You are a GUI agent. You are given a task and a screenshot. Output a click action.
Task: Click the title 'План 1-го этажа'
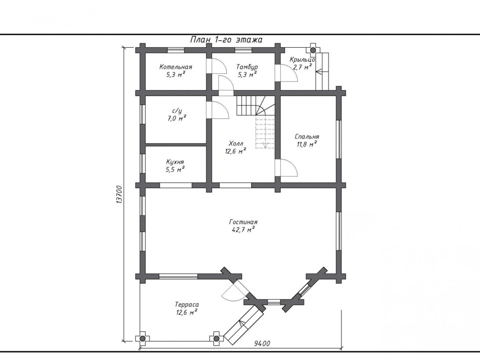pos(226,40)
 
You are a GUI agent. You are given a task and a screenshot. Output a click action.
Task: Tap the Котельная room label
pos(176,67)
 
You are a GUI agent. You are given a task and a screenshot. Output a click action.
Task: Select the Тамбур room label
pos(247,67)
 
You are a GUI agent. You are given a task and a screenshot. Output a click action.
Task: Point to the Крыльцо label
pos(302,59)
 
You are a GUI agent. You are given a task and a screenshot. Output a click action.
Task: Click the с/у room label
pos(177,111)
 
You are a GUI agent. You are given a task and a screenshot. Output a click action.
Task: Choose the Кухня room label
pos(175,162)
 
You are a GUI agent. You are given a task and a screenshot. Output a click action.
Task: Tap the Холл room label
pos(236,143)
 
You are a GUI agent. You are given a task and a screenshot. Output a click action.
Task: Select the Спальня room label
pos(307,137)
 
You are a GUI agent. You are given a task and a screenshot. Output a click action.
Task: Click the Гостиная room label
pos(243,222)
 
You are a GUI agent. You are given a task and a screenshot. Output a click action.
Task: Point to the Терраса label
pos(187,305)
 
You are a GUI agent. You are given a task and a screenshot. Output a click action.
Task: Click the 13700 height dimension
pos(119,195)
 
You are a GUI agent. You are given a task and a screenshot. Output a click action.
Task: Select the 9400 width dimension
pos(262,343)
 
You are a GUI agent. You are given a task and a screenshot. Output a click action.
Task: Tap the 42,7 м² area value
pos(243,230)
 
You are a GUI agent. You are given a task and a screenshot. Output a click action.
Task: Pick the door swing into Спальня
pos(289,168)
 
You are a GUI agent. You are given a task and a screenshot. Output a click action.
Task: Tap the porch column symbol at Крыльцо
pos(313,50)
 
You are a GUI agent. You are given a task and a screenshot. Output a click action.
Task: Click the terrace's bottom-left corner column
pos(143,339)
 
